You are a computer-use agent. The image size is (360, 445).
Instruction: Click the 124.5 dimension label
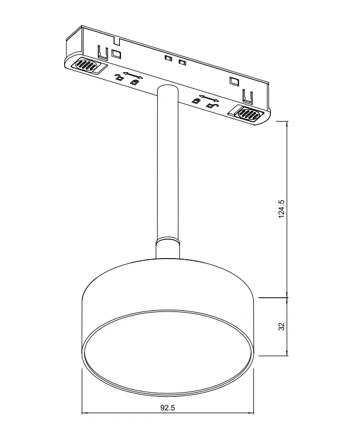pyautogui.click(x=281, y=209)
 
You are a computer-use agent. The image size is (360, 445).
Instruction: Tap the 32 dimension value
pyautogui.click(x=281, y=326)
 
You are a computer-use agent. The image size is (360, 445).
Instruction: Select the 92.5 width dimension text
pyautogui.click(x=168, y=407)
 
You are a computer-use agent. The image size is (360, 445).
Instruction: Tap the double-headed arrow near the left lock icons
pyautogui.click(x=133, y=75)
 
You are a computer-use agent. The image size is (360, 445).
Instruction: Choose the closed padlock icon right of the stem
pyautogui.click(x=195, y=100)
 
